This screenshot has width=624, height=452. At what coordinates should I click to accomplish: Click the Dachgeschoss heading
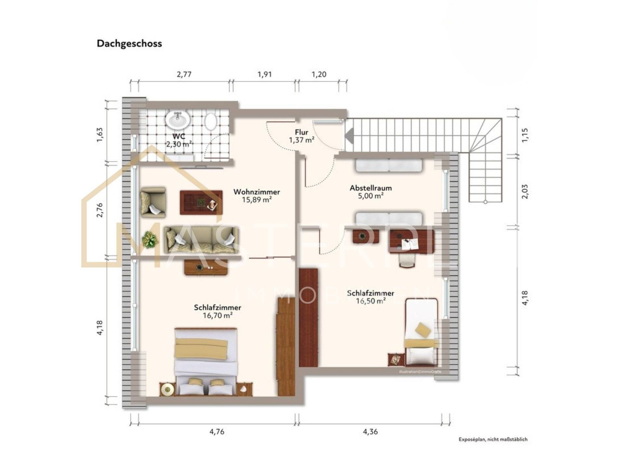pyautogui.click(x=129, y=44)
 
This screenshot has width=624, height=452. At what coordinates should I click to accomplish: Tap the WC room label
pyautogui.click(x=179, y=136)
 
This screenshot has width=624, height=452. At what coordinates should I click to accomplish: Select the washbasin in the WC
pyautogui.click(x=177, y=120)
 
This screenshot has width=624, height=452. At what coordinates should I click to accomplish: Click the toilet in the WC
pyautogui.click(x=211, y=122)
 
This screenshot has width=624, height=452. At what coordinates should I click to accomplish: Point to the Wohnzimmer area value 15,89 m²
pyautogui.click(x=256, y=200)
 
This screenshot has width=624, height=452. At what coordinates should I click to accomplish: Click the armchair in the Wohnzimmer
pyautogui.click(x=153, y=202)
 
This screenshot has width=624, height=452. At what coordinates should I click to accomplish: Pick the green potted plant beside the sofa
pyautogui.click(x=150, y=240)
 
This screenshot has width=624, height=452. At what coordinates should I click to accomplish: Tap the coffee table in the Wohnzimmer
pyautogui.click(x=201, y=202)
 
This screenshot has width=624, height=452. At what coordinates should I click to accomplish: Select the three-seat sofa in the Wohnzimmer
pyautogui.click(x=201, y=240)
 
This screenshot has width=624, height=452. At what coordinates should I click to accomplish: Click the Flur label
pyautogui.click(x=302, y=132)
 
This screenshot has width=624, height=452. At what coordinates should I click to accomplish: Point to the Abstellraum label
pyautogui.click(x=370, y=188)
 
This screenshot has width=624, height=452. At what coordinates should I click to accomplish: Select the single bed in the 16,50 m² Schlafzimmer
pyautogui.click(x=421, y=332)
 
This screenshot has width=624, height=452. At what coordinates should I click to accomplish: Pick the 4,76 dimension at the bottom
pyautogui.click(x=217, y=431)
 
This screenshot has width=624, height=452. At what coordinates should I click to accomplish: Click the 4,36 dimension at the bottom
pyautogui.click(x=370, y=431)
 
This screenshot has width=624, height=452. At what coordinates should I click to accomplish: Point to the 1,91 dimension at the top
pyautogui.click(x=265, y=75)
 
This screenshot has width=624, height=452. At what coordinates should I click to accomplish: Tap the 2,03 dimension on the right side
pyautogui.click(x=525, y=191)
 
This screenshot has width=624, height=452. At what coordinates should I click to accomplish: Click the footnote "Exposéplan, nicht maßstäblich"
pyautogui.click(x=493, y=439)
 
